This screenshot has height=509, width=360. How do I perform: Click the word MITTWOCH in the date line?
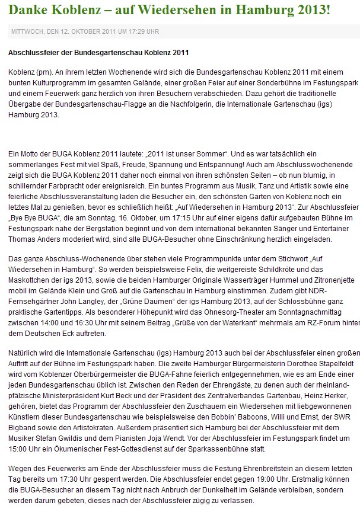coord(26,31)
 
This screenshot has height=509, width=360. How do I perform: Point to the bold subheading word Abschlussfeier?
coord(34,52)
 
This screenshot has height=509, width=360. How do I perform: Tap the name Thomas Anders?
coord(33,240)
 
